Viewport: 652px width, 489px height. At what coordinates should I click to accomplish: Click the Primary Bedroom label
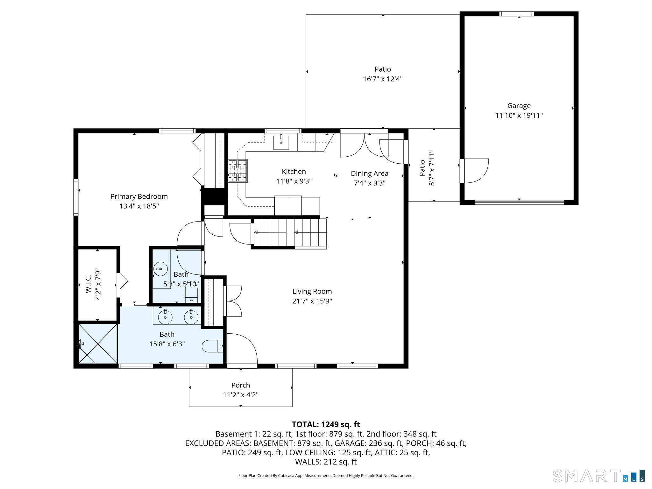[x=139, y=196]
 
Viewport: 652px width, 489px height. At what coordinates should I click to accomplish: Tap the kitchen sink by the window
[x=281, y=143]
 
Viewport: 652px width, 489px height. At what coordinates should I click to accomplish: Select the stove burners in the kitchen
[x=237, y=171]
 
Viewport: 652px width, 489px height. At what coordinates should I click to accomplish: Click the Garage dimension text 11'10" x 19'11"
[x=519, y=115]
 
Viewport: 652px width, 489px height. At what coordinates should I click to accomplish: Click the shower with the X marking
[x=98, y=344]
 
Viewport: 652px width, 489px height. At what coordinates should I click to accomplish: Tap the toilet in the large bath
[x=212, y=346]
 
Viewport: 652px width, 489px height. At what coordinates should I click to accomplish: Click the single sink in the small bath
[x=161, y=269]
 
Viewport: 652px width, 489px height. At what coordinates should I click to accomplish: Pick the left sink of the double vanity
[x=166, y=317]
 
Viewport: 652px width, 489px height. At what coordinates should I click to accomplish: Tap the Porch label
[x=240, y=385]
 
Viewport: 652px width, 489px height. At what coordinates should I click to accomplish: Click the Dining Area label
[x=369, y=174]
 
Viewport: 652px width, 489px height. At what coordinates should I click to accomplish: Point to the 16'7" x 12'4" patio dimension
[x=383, y=79]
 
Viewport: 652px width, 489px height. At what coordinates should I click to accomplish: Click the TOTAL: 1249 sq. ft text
[x=326, y=424]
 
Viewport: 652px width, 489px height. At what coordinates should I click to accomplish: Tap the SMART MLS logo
[x=598, y=476]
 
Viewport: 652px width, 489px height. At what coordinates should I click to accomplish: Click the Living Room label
[x=312, y=291]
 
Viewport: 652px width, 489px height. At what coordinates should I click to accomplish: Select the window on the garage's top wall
[x=516, y=14]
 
